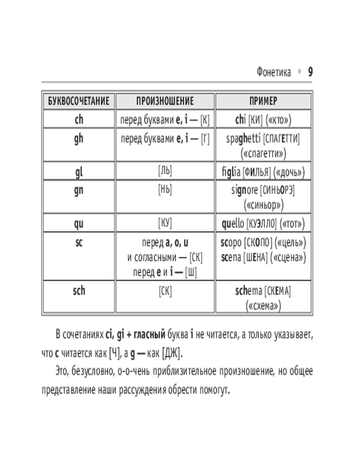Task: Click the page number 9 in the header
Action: click(x=310, y=72)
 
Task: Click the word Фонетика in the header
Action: click(x=274, y=72)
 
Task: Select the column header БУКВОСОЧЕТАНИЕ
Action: click(x=79, y=101)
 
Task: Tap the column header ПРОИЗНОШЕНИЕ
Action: click(x=165, y=101)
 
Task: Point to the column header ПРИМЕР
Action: click(x=263, y=101)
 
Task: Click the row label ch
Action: click(x=79, y=120)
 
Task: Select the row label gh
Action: click(x=79, y=139)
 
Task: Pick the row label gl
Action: click(x=79, y=171)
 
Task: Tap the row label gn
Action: click(x=79, y=190)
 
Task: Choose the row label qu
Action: click(x=79, y=223)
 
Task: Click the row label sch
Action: click(x=79, y=291)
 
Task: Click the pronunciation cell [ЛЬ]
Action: click(x=165, y=171)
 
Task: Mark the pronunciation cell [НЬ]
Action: click(x=165, y=190)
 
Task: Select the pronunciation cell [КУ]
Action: click(x=165, y=223)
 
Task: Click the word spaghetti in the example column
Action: click(x=243, y=139)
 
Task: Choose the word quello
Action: click(x=233, y=223)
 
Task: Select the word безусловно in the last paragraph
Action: click(x=94, y=372)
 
